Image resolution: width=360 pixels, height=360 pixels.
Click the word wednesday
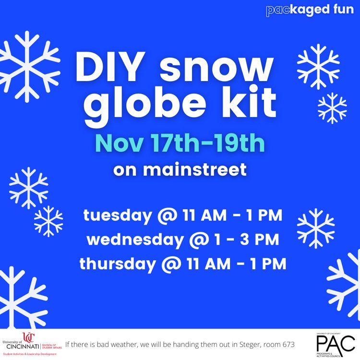136,239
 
